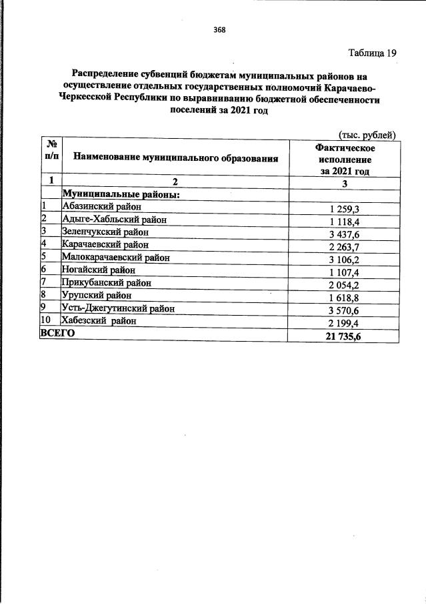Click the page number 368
pos(219,28)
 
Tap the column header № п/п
pos(49,150)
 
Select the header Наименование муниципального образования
pos(175,158)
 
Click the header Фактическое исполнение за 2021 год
pos(345,159)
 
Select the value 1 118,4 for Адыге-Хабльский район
pos(345,220)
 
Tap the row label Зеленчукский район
pos(105,232)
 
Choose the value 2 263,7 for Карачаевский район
pos(345,245)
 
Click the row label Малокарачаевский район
pos(115,257)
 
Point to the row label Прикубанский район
pos(106,282)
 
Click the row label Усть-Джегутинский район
pos(118,308)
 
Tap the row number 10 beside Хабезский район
pos(46,320)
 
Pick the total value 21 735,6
pos(345,334)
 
